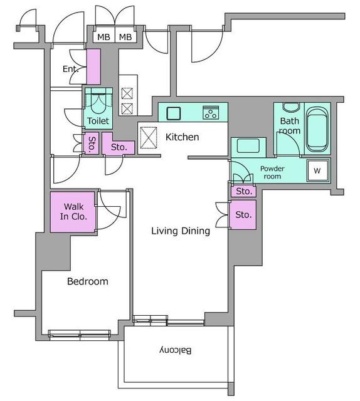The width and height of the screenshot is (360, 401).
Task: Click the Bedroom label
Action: [x=88, y=281]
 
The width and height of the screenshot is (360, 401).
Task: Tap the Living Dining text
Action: [x=181, y=231]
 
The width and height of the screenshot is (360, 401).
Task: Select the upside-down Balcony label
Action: [x=176, y=350]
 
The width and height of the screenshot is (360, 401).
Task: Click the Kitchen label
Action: [x=182, y=137]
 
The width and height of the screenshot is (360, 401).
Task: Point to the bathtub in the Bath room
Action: [x=317, y=130]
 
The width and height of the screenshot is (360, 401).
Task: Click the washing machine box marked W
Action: [x=318, y=170]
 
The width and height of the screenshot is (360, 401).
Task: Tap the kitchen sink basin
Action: [x=174, y=113]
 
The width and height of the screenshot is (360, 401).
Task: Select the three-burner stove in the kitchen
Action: [x=211, y=113]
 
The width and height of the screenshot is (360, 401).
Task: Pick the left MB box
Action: [x=103, y=37]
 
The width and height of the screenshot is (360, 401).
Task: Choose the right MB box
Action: [x=125, y=37]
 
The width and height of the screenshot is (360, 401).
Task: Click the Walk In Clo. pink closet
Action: [x=73, y=212]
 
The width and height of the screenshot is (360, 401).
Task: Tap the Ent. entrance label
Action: [x=70, y=69]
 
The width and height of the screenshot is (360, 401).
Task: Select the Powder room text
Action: [x=272, y=172]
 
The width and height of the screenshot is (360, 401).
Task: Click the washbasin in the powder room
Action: [x=248, y=146]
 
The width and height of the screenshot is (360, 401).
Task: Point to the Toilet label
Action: [x=98, y=121]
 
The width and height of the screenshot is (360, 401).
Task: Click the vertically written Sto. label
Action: [x=92, y=145]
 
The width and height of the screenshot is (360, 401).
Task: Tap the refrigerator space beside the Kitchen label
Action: [x=149, y=138]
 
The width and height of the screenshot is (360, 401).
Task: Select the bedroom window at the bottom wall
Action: [x=80, y=335]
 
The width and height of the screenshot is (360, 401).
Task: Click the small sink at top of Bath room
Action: [x=291, y=107]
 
